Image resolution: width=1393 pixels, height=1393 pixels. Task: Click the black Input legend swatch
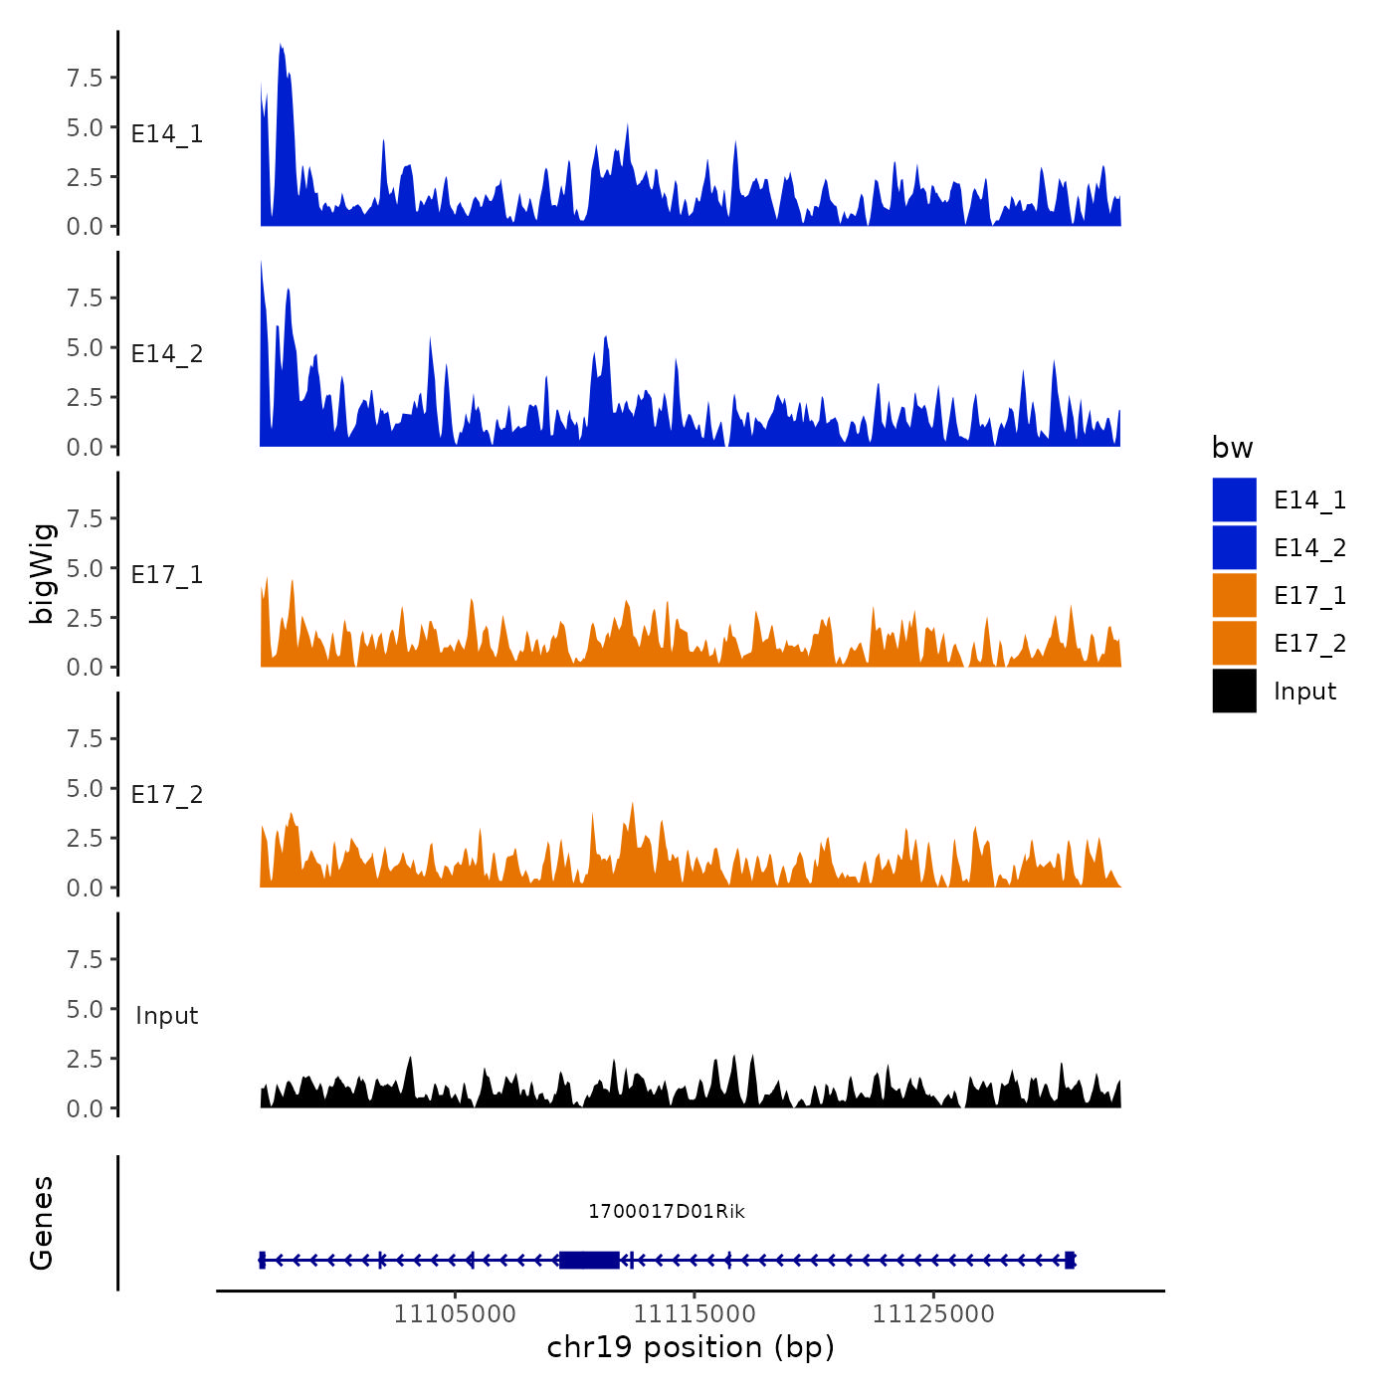pyautogui.click(x=1234, y=691)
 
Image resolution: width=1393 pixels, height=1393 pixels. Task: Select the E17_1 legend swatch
pyautogui.click(x=1234, y=595)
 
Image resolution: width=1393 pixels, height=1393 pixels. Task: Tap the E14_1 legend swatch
pyautogui.click(x=1234, y=499)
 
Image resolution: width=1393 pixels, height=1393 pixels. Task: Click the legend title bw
pyautogui.click(x=1232, y=448)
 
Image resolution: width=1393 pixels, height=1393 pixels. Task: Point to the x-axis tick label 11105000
pyautogui.click(x=455, y=1313)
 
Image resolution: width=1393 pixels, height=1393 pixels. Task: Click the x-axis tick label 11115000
pyautogui.click(x=695, y=1313)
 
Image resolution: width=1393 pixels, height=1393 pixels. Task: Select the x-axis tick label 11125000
pyautogui.click(x=933, y=1313)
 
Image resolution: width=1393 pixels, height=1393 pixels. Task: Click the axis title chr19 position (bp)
pyautogui.click(x=691, y=1347)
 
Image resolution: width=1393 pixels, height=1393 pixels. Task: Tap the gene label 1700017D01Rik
pyautogui.click(x=666, y=1211)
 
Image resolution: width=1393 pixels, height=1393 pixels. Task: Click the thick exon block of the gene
pyautogui.click(x=589, y=1260)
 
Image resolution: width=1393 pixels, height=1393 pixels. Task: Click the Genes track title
pyautogui.click(x=42, y=1223)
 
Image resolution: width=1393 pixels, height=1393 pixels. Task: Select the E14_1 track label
pyautogui.click(x=167, y=133)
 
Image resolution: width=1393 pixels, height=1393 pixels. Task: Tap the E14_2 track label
pyautogui.click(x=167, y=353)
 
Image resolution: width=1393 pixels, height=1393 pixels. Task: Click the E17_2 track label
pyautogui.click(x=167, y=794)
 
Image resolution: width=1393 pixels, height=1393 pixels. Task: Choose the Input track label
pyautogui.click(x=167, y=1015)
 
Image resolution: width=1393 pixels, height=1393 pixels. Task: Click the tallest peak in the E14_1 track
pyautogui.click(x=282, y=47)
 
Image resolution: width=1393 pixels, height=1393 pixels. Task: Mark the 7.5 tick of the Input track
pyautogui.click(x=85, y=959)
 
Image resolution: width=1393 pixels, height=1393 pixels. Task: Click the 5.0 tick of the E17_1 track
pyautogui.click(x=85, y=568)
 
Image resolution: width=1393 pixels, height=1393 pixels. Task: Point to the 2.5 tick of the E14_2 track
pyautogui.click(x=85, y=397)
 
